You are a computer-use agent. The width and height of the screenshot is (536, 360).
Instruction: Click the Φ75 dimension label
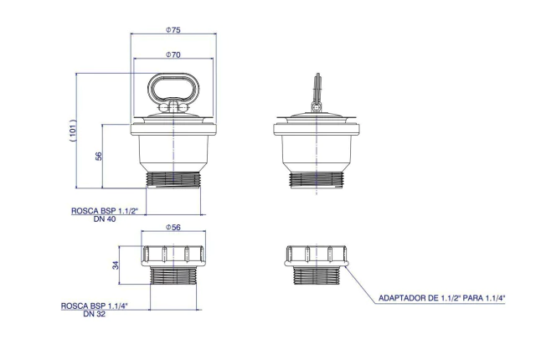[173, 29]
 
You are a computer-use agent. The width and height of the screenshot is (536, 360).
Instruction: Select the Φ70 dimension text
[173, 54]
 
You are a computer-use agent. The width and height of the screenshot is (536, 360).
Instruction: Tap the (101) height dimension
[73, 131]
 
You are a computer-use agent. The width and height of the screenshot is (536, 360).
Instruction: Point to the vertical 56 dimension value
[99, 156]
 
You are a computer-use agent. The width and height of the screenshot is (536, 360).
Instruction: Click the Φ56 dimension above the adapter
[173, 228]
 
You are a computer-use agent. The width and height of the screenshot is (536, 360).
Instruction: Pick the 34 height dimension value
[116, 265]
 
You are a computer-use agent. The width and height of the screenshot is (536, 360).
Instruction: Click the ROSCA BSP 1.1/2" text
[105, 211]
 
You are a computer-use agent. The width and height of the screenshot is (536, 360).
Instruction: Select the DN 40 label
[105, 219]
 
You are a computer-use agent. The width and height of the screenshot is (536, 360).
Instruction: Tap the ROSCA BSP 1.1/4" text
[95, 306]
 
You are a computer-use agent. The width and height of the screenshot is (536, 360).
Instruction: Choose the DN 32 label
[95, 314]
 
